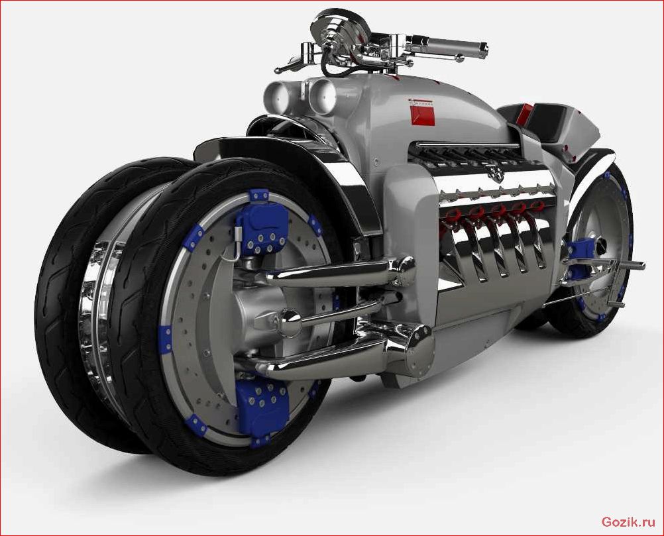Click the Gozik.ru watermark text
tap(628, 522)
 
